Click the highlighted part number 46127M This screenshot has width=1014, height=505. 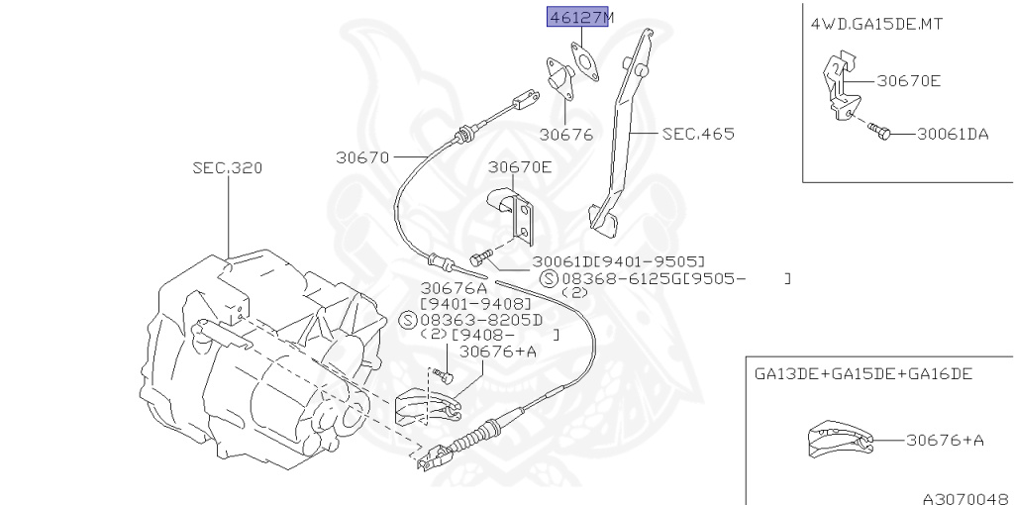pyautogui.click(x=576, y=17)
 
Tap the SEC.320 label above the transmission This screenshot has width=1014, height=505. pyautogui.click(x=228, y=168)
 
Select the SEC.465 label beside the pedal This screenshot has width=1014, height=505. pyautogui.click(x=699, y=133)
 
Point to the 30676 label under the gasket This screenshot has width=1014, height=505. pyautogui.click(x=565, y=133)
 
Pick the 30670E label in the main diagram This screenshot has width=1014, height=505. pyautogui.click(x=519, y=167)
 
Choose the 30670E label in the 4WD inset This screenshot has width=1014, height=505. pyautogui.click(x=907, y=81)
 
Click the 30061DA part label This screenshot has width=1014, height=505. pyautogui.click(x=952, y=134)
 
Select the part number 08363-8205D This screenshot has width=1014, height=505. pyautogui.click(x=484, y=319)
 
